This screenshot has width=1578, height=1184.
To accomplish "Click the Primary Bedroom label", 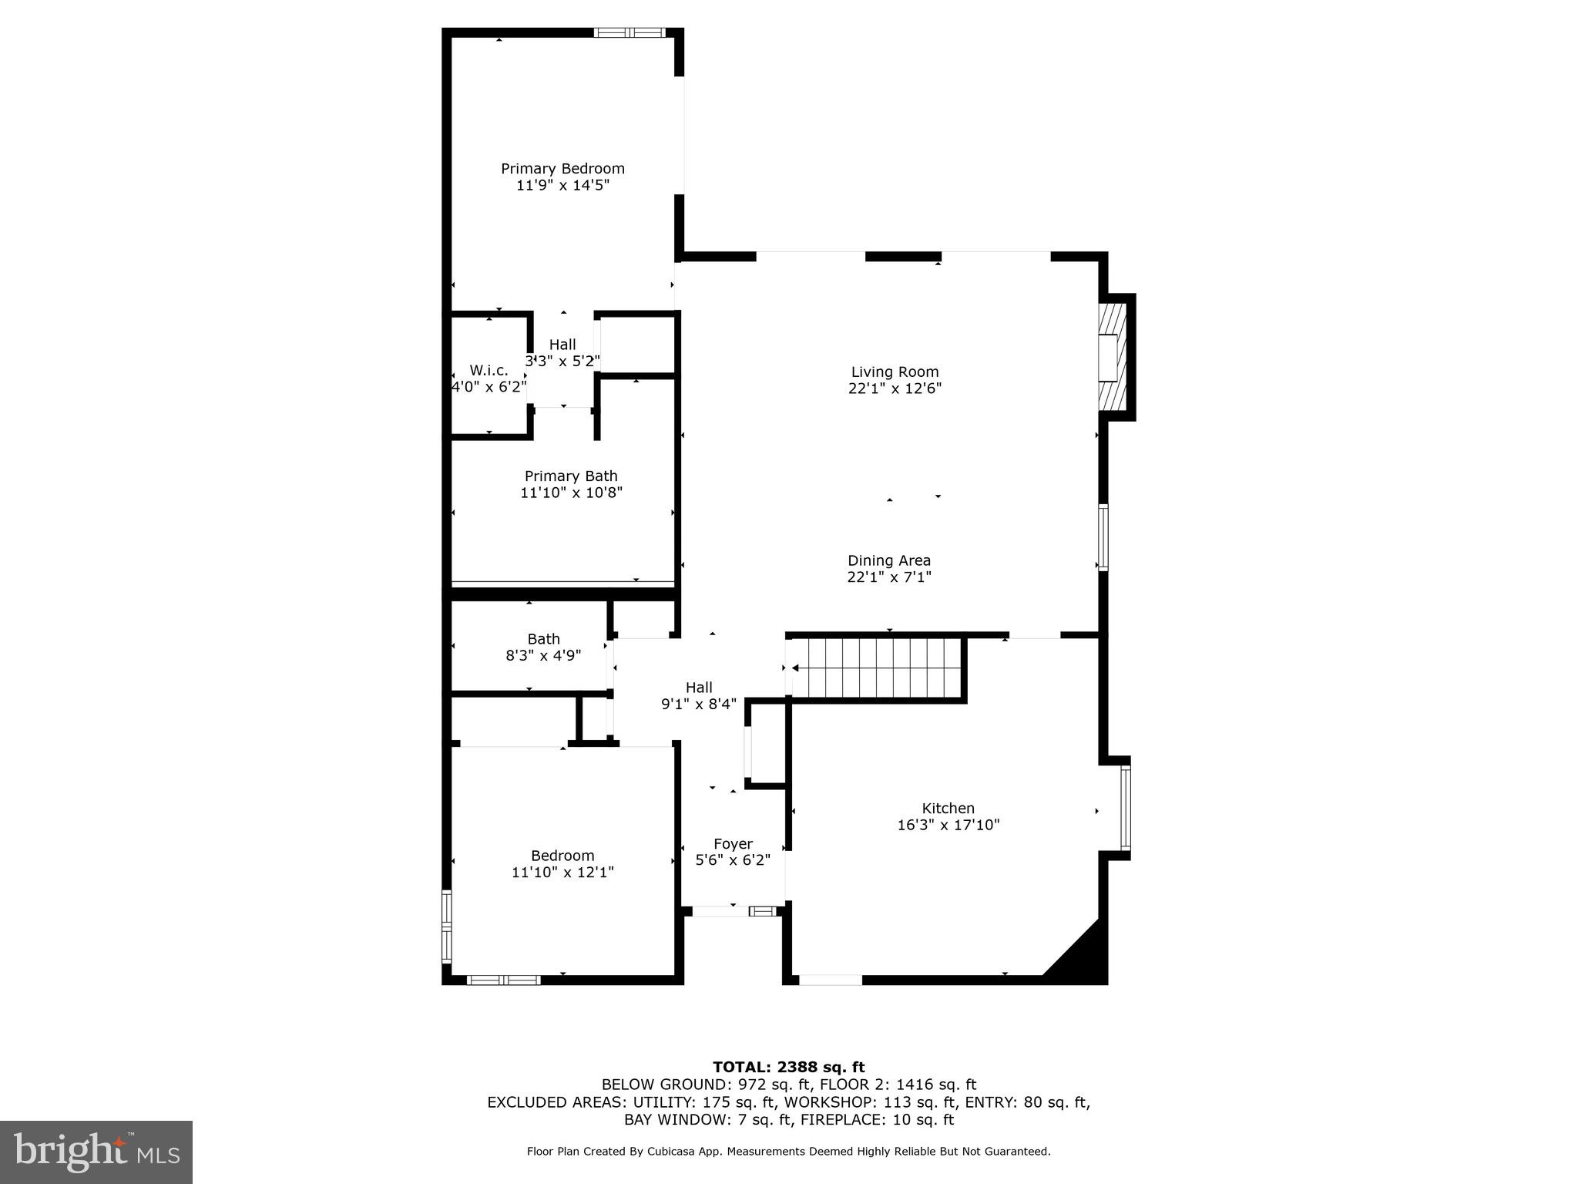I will pos(562,169).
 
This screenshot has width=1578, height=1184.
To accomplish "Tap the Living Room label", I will pos(895,372).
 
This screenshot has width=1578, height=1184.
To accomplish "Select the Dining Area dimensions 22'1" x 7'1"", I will pos(889,577).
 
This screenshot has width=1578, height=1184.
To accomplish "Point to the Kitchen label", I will pos(948,809).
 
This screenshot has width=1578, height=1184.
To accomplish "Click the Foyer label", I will pos(733,844).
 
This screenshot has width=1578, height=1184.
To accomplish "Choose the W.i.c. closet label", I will pos(489,371).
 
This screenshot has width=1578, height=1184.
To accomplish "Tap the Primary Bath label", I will pos(571,476).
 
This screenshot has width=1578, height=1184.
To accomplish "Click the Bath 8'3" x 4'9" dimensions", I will pos(543,656).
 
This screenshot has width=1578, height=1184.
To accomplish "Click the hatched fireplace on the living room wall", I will pos(1112,357).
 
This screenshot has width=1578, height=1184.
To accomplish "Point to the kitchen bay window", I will pos(1126,807).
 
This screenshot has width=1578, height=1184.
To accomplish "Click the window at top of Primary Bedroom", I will pos(630,32).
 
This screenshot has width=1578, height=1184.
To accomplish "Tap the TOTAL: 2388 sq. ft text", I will pos(788,1067).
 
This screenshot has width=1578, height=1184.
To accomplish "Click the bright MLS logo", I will pos(96,1152).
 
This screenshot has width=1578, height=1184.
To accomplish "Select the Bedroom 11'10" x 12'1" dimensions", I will pos(562,873).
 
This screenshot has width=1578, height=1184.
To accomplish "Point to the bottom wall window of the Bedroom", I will pos(503,980).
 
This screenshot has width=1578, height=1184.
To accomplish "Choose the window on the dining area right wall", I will pos(1103,537).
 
